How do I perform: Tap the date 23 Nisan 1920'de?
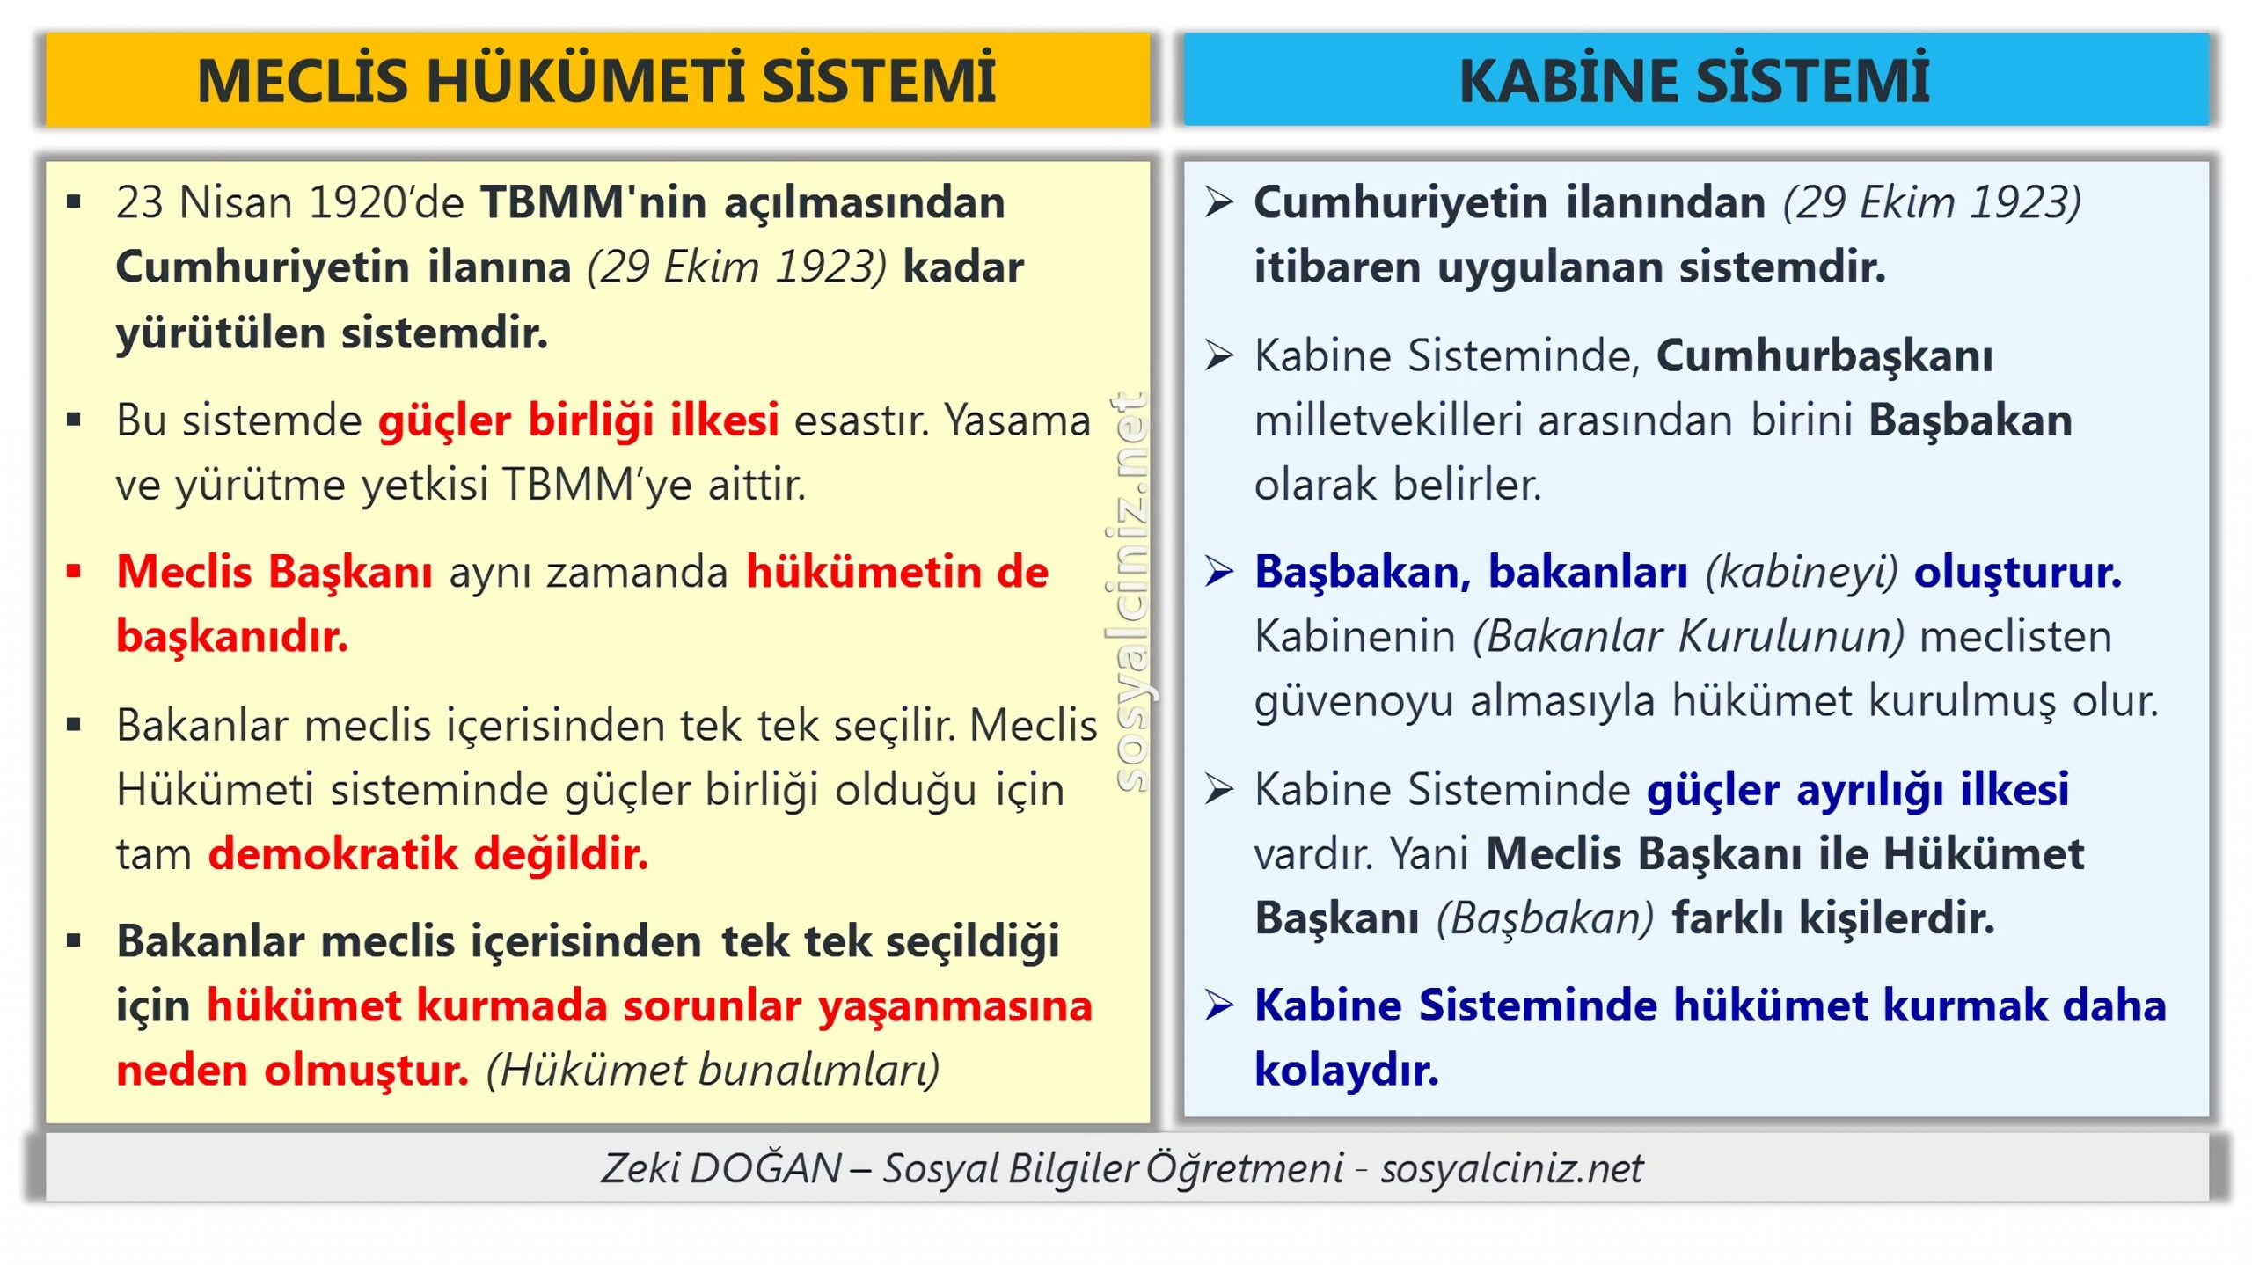click(289, 203)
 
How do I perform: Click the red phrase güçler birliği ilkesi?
click(578, 420)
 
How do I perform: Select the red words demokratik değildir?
click(428, 854)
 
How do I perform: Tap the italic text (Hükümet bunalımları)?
click(713, 1071)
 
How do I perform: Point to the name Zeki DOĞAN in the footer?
click(720, 1168)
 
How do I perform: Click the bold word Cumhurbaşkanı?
click(1824, 356)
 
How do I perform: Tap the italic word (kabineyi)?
click(1801, 573)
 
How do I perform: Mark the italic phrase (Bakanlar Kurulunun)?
click(1688, 637)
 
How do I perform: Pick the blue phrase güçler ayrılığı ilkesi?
click(1857, 789)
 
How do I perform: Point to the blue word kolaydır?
click(1346, 1071)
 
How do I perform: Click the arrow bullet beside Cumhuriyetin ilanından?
click(1219, 203)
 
